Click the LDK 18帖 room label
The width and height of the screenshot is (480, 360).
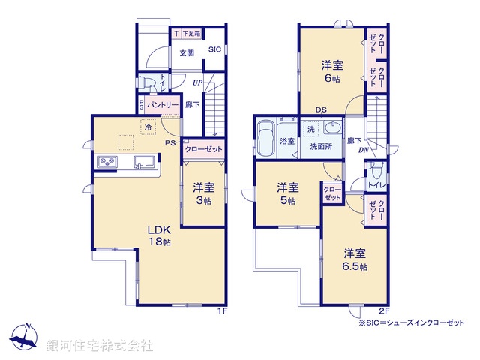(x=157, y=235)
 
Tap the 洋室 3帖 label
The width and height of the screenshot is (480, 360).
(x=202, y=194)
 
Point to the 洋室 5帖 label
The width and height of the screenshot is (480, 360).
(x=287, y=193)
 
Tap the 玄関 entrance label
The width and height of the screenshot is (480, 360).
(x=187, y=52)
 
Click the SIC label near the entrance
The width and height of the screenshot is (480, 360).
(x=214, y=50)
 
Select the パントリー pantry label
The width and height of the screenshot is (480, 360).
(x=163, y=104)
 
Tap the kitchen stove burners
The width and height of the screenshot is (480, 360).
(x=106, y=162)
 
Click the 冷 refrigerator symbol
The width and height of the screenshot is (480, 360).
(x=148, y=127)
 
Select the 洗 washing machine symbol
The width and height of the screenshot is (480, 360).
(x=310, y=130)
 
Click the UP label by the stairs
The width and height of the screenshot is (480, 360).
(x=196, y=82)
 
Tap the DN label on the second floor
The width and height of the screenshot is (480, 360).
(x=363, y=151)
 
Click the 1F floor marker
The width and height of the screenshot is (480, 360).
(x=222, y=310)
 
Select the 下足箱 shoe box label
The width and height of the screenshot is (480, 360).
(x=192, y=34)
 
